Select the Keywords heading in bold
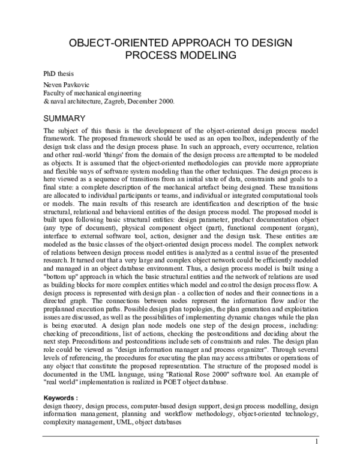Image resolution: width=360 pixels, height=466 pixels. tap(61, 398)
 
